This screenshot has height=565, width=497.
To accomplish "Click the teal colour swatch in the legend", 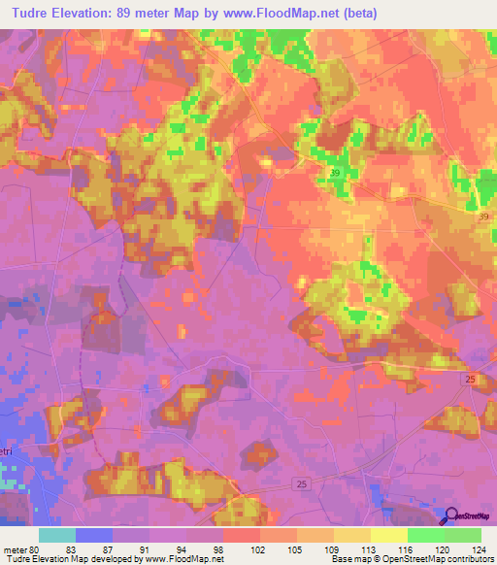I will [57, 535].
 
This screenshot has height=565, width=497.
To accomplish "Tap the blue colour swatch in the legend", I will [94, 535].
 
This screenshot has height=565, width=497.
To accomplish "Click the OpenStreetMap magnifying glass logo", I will [450, 517].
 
